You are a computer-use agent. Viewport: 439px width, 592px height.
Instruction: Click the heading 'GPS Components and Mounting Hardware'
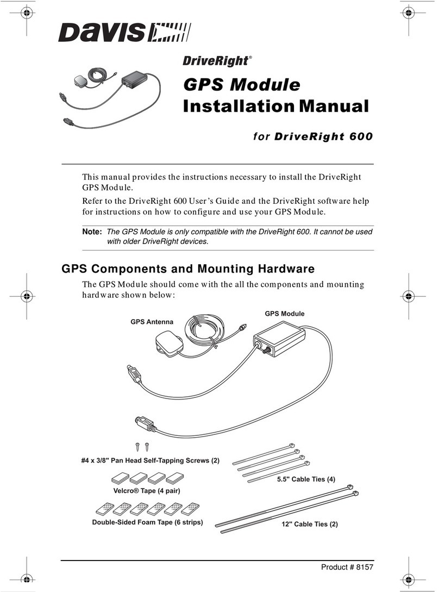pos(188,269)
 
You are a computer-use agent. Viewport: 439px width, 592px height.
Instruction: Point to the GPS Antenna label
pos(152,322)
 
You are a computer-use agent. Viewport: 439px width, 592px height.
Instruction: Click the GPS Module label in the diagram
pos(284,314)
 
